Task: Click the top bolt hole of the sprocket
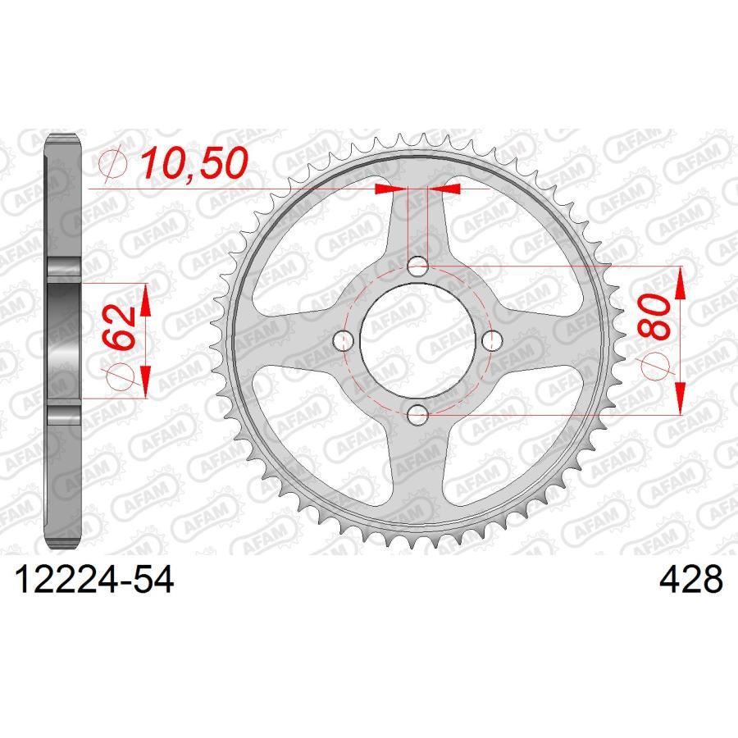coord(418,266)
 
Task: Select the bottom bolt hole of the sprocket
coord(418,415)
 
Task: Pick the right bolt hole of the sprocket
coord(493,340)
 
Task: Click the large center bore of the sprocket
coord(418,340)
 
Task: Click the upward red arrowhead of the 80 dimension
coord(681,284)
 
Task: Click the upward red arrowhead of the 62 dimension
coord(146,300)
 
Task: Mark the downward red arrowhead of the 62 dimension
coord(146,381)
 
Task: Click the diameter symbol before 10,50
coord(112,165)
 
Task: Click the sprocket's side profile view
coord(63,340)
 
